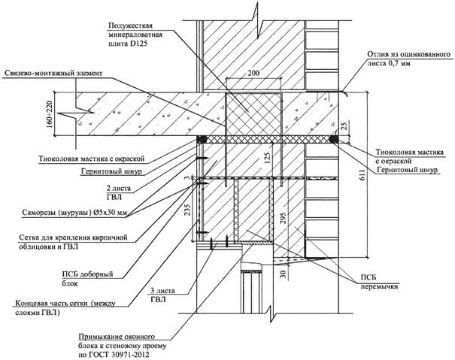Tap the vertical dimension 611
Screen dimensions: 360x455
[x=362, y=174]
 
